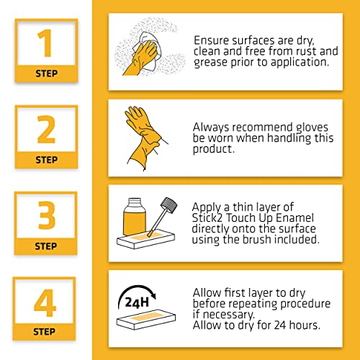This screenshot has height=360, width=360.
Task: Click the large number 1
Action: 45,43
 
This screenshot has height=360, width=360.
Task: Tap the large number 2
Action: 46,130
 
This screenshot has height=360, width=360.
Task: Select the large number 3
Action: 47,215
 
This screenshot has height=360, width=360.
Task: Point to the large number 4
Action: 45,303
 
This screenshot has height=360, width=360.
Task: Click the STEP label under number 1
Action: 47,73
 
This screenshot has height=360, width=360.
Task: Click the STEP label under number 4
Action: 44,332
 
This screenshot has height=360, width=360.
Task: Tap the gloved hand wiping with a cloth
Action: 142,56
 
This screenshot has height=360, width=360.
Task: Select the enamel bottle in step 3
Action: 135,217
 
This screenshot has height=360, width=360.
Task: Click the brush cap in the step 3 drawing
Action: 169,205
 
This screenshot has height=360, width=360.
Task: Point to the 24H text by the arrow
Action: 137,302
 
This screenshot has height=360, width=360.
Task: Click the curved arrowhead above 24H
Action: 153,295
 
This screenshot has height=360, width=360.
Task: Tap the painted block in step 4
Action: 146,319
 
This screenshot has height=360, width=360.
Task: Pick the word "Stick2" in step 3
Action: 207,218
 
